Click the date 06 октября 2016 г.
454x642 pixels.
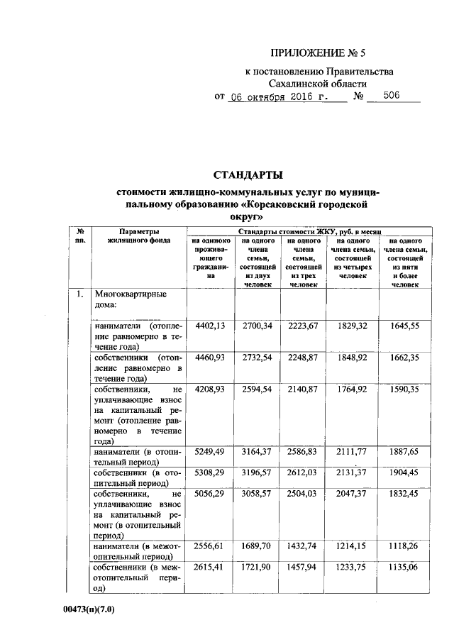click(281, 96)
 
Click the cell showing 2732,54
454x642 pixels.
click(258, 358)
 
